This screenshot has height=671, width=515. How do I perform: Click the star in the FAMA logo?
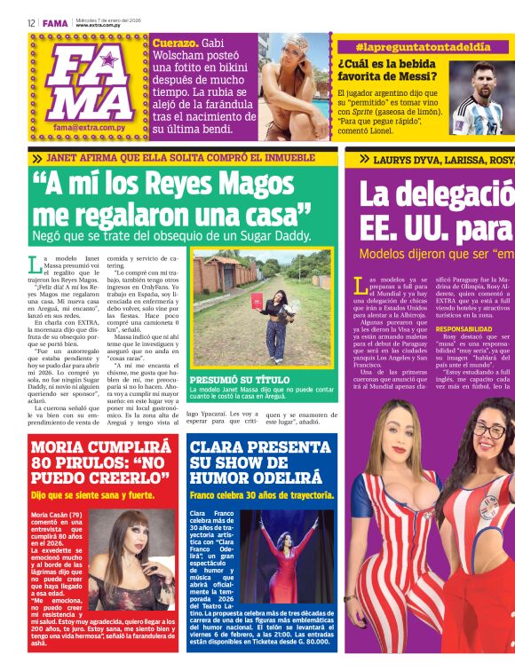click(108, 60)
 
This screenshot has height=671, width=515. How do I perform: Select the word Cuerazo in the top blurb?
click(173, 43)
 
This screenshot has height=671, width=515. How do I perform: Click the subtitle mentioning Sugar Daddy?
click(171, 236)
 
